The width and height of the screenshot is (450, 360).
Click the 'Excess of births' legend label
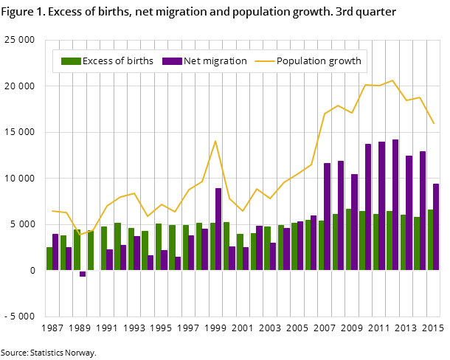[118, 61]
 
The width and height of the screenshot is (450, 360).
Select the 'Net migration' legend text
[215, 61]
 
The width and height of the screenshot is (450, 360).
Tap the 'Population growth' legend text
[319, 61]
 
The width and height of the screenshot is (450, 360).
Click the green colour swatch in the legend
[70, 61]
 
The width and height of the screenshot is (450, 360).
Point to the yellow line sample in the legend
[264, 61]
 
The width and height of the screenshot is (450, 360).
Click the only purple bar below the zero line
[83, 274]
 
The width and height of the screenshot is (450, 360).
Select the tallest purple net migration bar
[395, 204]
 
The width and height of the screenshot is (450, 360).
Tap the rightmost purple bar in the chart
[436, 226]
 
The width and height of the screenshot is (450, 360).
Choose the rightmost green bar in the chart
[430, 240]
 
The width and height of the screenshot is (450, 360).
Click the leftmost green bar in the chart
[49, 258]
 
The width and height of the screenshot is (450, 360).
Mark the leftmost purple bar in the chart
[55, 252]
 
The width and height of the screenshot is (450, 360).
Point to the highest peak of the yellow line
[392, 80]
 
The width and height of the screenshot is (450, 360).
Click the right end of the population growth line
[434, 123]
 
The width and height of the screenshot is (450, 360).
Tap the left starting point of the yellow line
[52, 211]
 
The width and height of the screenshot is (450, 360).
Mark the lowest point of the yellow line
[80, 235]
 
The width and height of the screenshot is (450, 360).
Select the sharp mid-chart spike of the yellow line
[215, 141]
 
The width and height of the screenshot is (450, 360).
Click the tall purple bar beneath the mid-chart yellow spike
[218, 229]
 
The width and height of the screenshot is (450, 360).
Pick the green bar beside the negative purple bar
[77, 249]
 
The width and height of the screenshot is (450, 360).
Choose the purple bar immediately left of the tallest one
[381, 206]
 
